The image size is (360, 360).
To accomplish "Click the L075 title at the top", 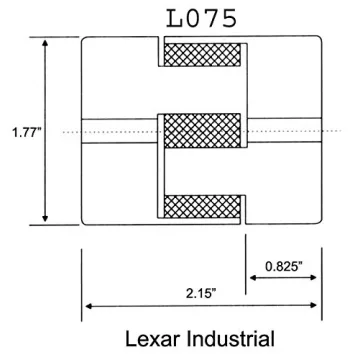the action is tap(202, 18).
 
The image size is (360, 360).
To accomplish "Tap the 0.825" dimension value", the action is tap(284, 266).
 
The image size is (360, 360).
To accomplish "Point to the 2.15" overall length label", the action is tap(201, 294).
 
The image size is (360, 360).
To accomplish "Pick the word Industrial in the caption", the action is tap(230, 339).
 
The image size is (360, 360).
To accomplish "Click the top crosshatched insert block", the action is tap(202, 55).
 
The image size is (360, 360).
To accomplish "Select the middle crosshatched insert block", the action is tap(202, 131).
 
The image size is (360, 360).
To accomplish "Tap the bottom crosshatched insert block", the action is tap(202, 207).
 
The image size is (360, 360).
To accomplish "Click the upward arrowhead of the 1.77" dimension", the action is tap(45, 43).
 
